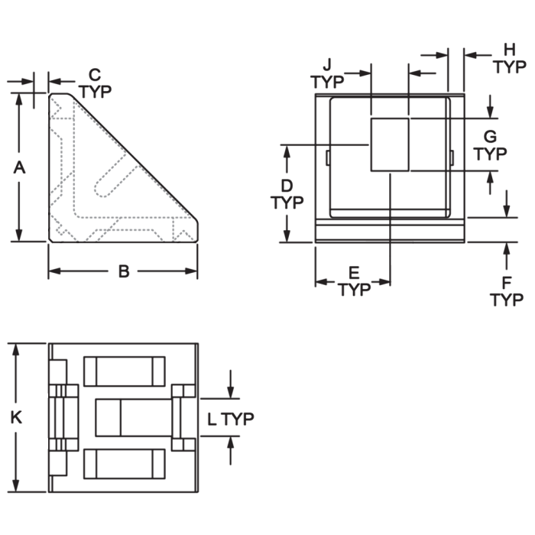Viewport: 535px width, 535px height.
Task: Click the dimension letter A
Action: pos(19,167)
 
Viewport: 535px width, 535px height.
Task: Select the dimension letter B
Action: pos(124,271)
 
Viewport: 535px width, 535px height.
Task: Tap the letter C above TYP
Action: pos(95,74)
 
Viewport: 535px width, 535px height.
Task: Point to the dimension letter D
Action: pos(287,186)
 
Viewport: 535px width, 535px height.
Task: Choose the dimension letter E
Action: pos(354,273)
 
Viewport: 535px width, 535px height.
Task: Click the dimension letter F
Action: pos(506,283)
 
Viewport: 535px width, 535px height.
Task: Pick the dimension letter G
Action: pos(490,137)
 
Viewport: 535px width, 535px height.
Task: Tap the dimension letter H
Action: pos(510,50)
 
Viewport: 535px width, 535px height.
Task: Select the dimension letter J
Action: pos(327,64)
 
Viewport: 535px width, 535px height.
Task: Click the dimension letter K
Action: pos(16,417)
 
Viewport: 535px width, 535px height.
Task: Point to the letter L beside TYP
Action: pos(212,419)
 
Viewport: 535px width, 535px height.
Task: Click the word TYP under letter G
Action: pos(490,154)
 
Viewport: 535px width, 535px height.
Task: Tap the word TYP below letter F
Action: pos(507,300)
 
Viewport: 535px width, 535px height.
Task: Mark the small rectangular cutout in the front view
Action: pos(390,144)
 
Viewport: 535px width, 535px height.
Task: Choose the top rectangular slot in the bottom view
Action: pos(125,371)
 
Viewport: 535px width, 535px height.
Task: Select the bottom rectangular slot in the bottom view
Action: pos(125,464)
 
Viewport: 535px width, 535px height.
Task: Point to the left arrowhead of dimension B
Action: pos(54,271)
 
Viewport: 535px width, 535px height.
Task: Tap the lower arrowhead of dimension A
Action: pos(19,235)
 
